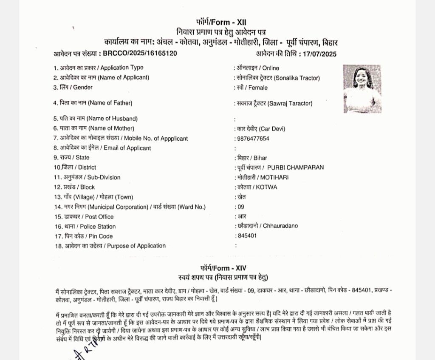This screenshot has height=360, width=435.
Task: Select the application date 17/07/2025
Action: tap(320, 54)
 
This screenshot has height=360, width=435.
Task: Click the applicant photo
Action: tap(362, 88)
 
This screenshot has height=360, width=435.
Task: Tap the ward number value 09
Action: tap(240, 207)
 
